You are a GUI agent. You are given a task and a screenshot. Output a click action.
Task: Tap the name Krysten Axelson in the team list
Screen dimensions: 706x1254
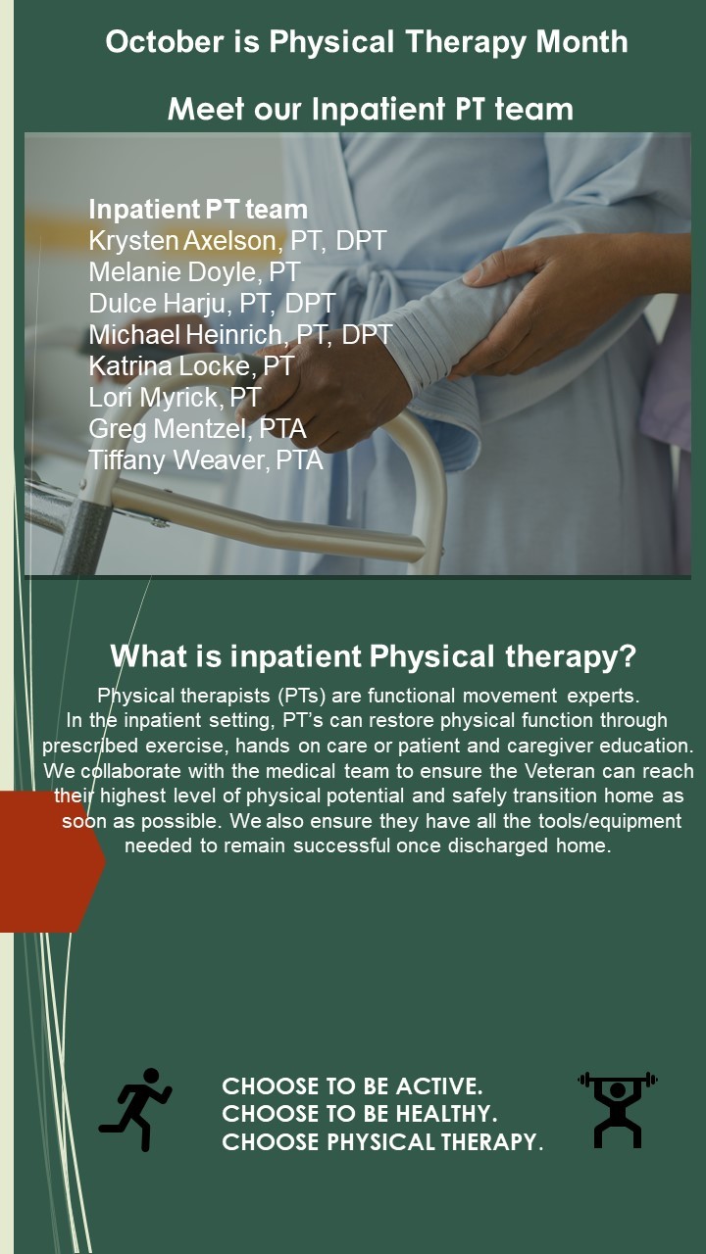[x=182, y=241]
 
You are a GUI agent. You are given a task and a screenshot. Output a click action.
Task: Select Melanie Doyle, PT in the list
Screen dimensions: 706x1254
[x=194, y=272]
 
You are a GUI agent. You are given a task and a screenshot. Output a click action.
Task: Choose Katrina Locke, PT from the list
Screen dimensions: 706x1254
[x=191, y=366]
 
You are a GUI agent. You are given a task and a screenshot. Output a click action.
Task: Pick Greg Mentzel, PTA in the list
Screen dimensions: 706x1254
[x=197, y=429]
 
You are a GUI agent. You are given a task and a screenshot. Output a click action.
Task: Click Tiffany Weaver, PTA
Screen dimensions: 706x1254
[x=206, y=460]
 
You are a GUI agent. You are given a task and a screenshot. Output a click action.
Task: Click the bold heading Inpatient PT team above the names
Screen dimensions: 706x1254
[x=198, y=210]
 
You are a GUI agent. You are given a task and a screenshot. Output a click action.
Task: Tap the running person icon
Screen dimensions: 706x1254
[x=135, y=1109]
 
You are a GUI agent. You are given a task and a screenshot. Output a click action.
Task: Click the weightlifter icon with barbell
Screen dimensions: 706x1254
[x=618, y=1109]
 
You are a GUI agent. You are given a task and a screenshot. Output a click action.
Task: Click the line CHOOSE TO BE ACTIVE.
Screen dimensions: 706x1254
[x=352, y=1086]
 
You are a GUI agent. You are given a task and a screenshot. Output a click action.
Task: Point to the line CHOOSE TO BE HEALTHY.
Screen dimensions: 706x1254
[x=360, y=1114]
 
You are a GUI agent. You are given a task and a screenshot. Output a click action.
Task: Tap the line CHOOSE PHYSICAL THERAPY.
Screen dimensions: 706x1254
[x=382, y=1142]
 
